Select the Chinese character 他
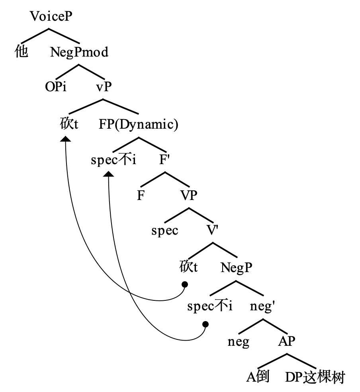[22, 52]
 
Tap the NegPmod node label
[79, 52]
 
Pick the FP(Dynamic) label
[138, 125]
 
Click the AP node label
[287, 341]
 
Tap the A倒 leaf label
[258, 377]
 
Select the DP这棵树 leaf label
[315, 377]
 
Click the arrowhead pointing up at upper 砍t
[65, 139]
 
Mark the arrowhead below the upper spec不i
[109, 174]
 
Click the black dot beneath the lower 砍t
[184, 284]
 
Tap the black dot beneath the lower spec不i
[205, 324]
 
